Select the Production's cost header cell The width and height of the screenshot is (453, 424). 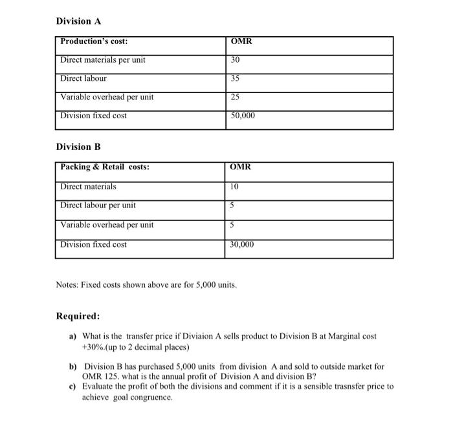coord(94,42)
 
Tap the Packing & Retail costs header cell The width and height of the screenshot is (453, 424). coord(105,167)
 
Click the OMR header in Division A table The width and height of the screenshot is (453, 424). coord(241,42)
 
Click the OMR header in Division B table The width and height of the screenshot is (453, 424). coord(241,167)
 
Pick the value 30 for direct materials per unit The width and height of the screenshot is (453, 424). coord(235,60)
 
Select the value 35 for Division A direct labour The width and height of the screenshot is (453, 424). coord(235,79)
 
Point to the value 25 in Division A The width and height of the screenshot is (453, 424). coord(235,98)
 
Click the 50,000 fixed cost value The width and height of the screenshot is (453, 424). coord(243,116)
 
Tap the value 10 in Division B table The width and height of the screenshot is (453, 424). coord(235,187)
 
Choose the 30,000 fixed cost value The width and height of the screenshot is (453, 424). coord(243,245)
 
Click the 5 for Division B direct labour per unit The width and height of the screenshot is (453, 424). coord(233,206)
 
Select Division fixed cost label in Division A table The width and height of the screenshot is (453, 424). coord(93,116)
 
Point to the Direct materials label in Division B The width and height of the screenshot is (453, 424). coord(89,187)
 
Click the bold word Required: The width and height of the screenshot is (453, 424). coord(78,317)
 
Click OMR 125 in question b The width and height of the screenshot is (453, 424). coord(97,376)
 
